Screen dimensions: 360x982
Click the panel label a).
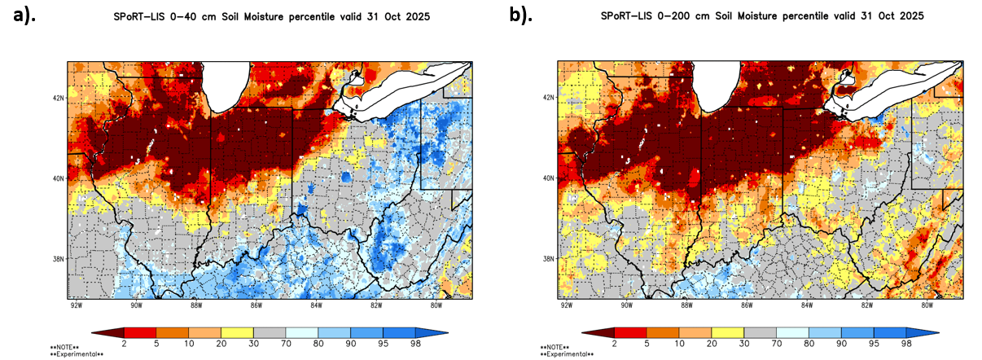(25, 15)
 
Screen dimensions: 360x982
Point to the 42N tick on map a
(59, 97)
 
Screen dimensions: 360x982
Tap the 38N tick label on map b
(548, 259)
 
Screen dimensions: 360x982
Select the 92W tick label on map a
(76, 305)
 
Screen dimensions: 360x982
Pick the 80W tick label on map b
(927, 305)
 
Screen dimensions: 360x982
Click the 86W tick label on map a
(256, 305)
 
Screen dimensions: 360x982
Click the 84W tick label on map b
(807, 305)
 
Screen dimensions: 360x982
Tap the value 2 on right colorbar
(615, 345)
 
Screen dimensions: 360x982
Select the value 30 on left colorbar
(253, 345)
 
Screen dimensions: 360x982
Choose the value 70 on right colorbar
(776, 345)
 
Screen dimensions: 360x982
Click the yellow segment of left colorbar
(237, 332)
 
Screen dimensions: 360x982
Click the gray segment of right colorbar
(760, 332)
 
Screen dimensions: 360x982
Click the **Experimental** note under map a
(77, 354)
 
